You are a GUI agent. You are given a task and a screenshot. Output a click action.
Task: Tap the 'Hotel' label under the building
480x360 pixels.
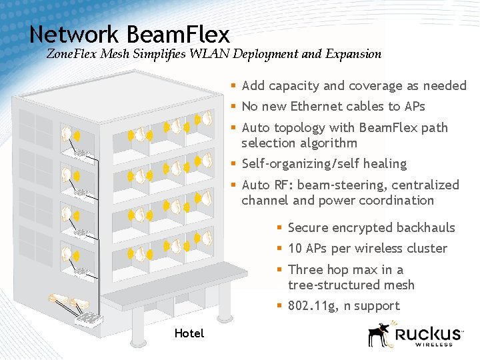(x=189, y=333)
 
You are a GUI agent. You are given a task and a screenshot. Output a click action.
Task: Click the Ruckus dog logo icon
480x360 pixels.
(x=380, y=335)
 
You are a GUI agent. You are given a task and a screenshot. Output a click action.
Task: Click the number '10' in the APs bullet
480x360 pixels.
(x=295, y=249)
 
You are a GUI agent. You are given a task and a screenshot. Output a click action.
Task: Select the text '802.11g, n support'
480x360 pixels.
(x=343, y=306)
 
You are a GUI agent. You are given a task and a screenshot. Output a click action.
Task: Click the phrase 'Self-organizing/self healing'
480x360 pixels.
(x=324, y=164)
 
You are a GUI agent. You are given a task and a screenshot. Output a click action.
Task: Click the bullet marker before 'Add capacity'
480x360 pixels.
(x=233, y=85)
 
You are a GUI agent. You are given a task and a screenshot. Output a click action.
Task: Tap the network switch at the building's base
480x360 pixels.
(x=87, y=319)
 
